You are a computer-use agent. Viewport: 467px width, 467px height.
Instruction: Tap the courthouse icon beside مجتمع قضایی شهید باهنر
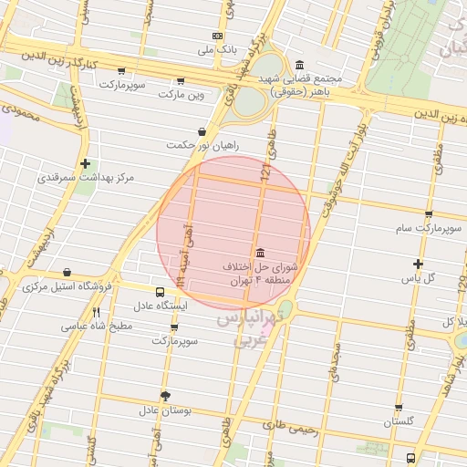[x=300, y=64]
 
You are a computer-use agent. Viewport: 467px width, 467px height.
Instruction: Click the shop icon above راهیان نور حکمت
[x=201, y=131]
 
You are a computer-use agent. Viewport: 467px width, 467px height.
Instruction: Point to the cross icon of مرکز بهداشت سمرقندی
[x=85, y=164]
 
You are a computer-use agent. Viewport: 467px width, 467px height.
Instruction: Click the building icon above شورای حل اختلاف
[x=262, y=253]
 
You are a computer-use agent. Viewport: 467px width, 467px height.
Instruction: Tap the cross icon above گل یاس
[x=418, y=264]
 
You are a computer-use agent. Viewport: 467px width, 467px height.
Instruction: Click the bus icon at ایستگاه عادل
[x=161, y=293]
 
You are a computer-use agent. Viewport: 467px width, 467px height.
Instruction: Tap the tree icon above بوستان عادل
[x=165, y=396]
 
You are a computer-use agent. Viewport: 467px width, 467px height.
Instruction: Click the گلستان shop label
[x=399, y=421]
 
